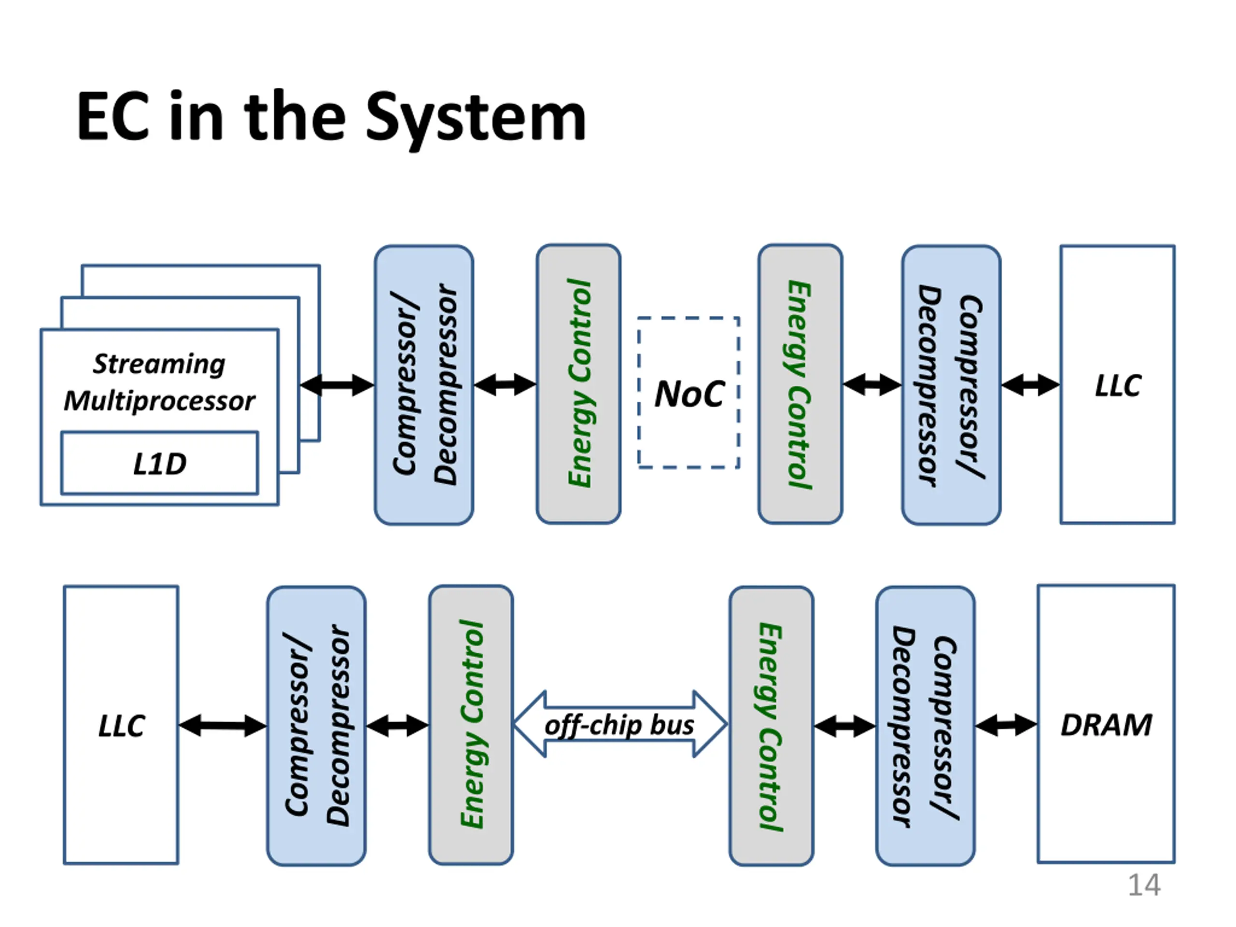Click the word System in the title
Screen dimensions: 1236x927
476,119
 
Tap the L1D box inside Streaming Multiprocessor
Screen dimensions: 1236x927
159,463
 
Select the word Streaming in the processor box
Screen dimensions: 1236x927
159,365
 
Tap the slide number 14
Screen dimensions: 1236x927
1144,885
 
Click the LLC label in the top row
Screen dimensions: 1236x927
1118,386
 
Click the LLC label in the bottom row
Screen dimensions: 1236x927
121,726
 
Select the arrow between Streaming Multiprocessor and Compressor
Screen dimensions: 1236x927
337,385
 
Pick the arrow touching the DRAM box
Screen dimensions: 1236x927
1006,725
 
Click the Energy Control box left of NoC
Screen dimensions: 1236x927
578,384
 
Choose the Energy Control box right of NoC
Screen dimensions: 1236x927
800,384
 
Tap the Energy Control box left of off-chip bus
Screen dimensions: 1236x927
470,725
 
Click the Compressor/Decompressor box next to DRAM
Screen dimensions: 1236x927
926,726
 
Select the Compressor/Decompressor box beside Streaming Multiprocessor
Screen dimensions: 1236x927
424,385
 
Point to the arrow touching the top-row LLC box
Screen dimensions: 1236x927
1030,385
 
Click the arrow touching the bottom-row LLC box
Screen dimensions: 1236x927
223,726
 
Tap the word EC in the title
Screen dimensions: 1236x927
113,116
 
